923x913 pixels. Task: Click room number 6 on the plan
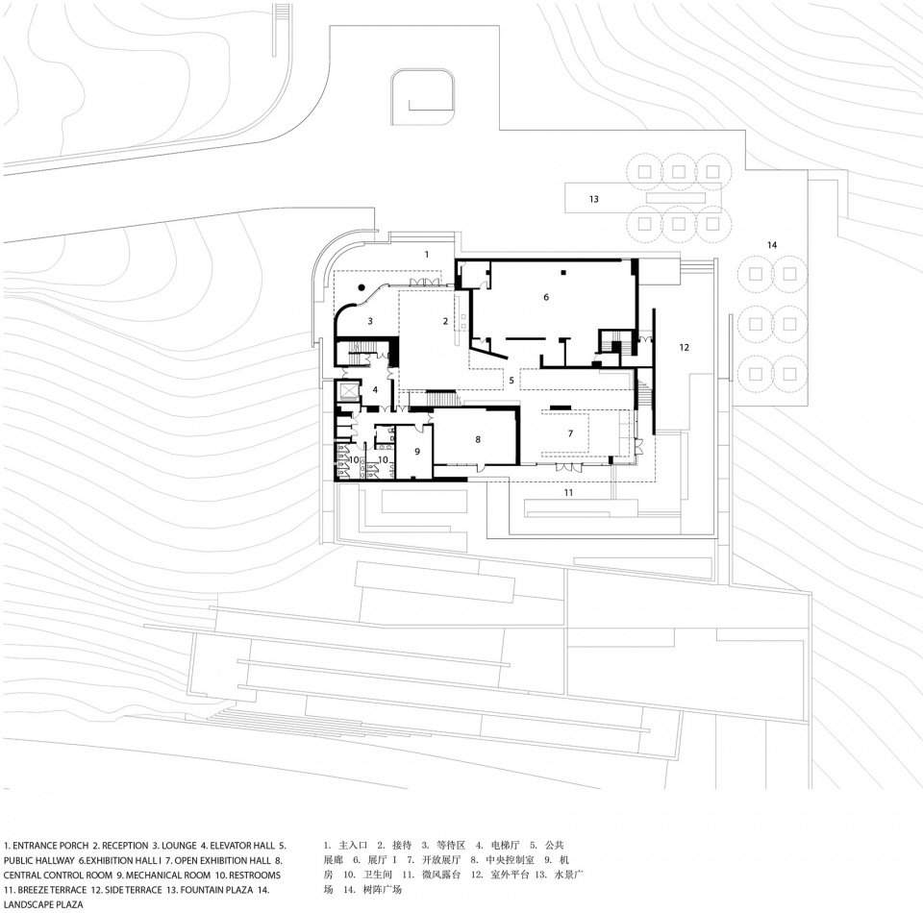point(546,297)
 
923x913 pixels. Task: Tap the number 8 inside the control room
point(478,439)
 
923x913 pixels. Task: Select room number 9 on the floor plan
point(417,451)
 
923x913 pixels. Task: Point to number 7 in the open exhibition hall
point(570,433)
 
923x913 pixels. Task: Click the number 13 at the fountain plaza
point(594,199)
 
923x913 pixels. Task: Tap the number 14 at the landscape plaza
point(772,245)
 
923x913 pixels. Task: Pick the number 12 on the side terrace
point(684,347)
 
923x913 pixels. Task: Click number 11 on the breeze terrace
point(568,492)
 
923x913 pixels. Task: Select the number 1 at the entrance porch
point(427,254)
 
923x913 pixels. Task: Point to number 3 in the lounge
point(370,321)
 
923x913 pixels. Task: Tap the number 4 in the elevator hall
point(375,389)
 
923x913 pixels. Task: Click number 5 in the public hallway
point(511,381)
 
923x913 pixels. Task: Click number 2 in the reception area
point(445,321)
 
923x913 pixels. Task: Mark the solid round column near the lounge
point(362,287)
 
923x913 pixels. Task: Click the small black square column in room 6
point(563,272)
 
